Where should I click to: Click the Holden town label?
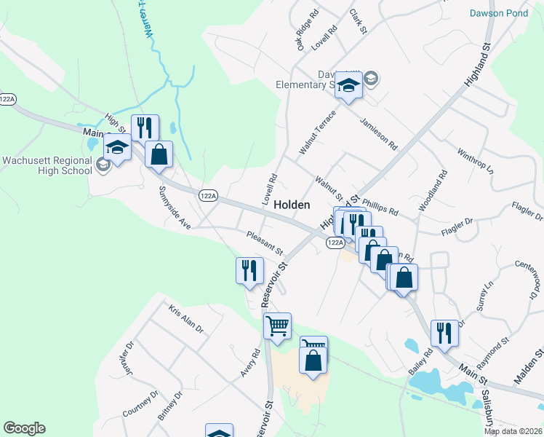(292, 205)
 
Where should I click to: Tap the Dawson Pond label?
(497, 13)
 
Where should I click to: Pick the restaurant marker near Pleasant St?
(249, 271)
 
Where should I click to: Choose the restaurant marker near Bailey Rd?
(444, 334)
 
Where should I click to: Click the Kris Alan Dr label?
(186, 319)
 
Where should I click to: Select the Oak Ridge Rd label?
(307, 31)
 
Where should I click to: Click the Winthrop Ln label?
(475, 162)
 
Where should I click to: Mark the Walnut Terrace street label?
(318, 132)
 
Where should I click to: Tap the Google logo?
(24, 428)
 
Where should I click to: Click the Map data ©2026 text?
(513, 431)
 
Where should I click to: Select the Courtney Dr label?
(140, 403)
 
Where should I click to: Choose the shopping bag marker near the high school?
(159, 155)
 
